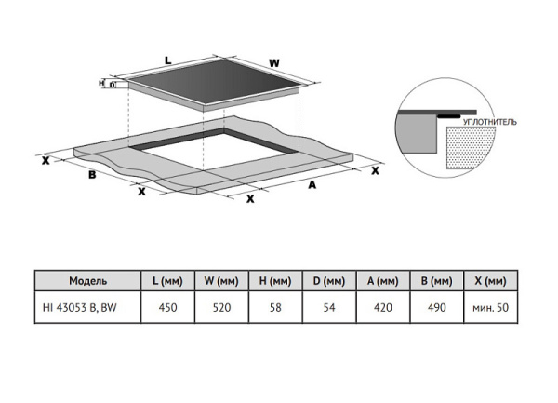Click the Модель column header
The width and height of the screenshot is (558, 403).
(88, 280)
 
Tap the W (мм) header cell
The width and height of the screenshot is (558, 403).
(221, 280)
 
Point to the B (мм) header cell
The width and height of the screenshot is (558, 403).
(435, 280)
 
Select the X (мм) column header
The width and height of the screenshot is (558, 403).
(489, 280)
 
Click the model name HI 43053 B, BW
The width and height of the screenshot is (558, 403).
(88, 306)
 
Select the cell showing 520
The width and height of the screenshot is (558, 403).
(221, 306)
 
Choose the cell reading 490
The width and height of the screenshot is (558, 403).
(435, 306)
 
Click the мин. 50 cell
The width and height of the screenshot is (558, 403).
(489, 306)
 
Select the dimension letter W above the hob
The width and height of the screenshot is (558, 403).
(273, 63)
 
